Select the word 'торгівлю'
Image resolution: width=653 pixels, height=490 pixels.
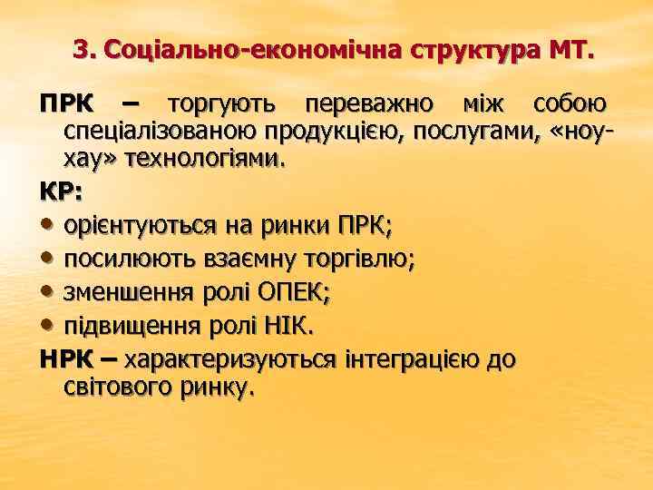[x=365, y=260]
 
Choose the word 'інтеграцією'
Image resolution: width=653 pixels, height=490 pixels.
[x=413, y=358]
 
